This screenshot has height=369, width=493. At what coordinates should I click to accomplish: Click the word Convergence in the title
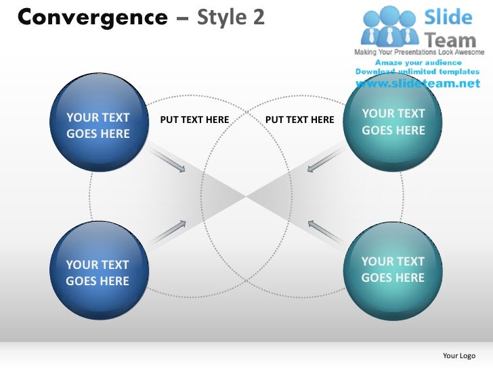91,17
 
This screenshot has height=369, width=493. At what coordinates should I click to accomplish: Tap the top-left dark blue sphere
98,123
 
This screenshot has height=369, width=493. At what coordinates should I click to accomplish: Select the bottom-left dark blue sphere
98,271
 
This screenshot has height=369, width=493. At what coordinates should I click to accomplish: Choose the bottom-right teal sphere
393,268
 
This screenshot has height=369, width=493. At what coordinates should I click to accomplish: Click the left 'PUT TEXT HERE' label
194,120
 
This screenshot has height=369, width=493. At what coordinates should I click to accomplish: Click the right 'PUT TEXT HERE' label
300,120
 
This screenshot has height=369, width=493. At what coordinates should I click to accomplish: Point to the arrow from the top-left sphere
169,161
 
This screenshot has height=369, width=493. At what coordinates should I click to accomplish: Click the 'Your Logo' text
458,355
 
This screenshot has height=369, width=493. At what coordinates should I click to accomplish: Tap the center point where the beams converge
246,197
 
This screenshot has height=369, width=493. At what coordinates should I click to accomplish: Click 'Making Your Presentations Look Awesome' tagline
419,52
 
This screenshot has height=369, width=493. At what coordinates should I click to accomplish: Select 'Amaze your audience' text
417,62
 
